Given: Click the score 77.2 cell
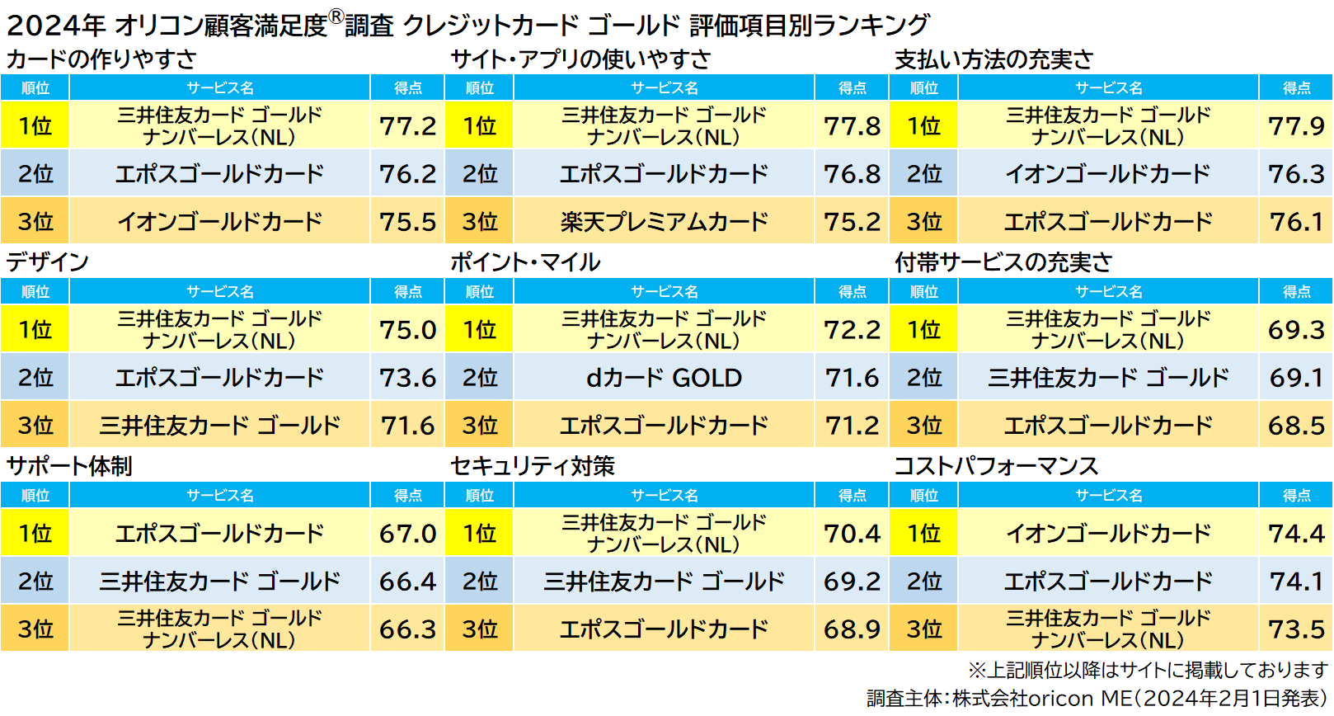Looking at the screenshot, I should [x=407, y=125].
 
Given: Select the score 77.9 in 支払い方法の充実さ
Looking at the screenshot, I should [x=1296, y=125].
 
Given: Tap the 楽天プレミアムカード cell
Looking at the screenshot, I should [x=664, y=221].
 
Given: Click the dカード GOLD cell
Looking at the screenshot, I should [x=664, y=378].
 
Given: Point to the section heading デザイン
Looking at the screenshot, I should [x=48, y=262].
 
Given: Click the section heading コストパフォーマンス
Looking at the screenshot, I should [x=996, y=466].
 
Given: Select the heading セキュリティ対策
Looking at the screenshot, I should [x=533, y=466].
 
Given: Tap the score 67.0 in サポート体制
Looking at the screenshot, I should [x=407, y=534].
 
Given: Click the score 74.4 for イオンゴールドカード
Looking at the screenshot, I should [x=1296, y=534].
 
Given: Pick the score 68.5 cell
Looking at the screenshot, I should [x=1296, y=426].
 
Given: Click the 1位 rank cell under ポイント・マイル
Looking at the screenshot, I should [x=479, y=330].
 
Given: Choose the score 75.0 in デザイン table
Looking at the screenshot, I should [x=407, y=330].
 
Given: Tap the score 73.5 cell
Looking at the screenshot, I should [x=1296, y=629].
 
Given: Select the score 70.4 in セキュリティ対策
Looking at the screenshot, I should [x=852, y=534].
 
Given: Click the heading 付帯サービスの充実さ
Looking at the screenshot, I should [x=1003, y=262].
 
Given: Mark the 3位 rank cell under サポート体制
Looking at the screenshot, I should [x=35, y=629].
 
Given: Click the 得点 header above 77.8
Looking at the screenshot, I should [x=852, y=87].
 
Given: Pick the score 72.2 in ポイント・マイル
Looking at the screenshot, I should [x=852, y=330].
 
